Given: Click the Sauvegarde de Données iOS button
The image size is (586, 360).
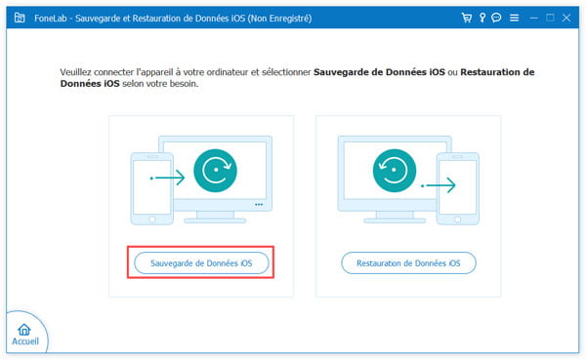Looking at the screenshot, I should point(201,262).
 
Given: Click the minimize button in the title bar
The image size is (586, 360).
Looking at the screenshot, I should point(533,18).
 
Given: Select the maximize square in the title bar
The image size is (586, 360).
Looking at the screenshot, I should point(552,18).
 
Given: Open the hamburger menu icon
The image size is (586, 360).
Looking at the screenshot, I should point(514,18).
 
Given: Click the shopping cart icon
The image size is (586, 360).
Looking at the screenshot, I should point(465,18).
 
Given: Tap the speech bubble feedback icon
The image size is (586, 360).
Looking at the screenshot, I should point(496,18).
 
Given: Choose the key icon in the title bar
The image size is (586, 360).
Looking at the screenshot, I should point(481,18).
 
